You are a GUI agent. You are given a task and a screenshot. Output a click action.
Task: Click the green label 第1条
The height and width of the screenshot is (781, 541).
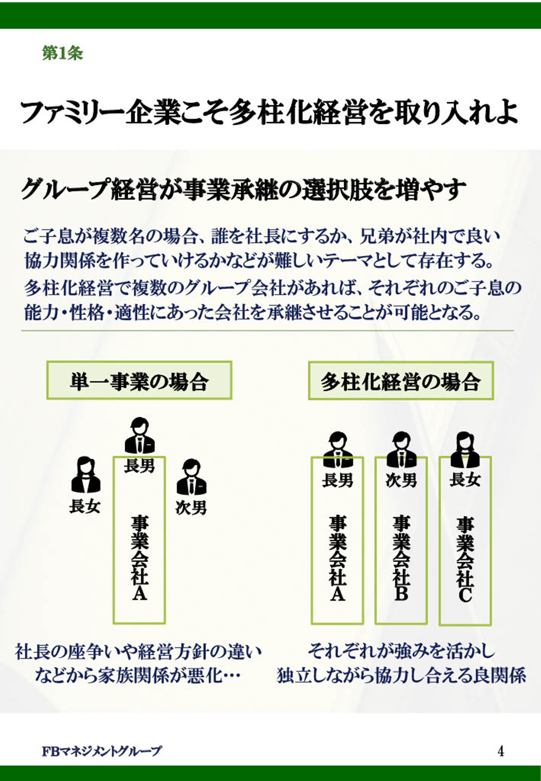pos(62,53)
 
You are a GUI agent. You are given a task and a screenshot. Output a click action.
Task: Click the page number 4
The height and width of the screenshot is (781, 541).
pos(500,751)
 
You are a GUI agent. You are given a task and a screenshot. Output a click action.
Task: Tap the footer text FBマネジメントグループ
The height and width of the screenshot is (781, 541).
pos(102,751)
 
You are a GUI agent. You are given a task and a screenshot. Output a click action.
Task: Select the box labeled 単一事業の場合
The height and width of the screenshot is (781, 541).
pos(139,380)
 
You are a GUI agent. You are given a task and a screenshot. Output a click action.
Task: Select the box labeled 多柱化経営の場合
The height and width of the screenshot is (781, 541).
pos(400,381)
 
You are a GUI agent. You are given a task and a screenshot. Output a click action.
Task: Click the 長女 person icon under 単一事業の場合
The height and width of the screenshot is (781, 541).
pos(86,475)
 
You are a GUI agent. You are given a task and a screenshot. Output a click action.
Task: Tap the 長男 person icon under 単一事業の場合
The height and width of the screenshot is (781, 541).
pos(139,436)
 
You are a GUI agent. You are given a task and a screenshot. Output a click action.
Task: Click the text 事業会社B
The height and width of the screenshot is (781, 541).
pos(401,558)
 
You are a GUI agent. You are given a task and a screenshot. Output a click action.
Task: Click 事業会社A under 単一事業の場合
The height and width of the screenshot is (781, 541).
pos(139,558)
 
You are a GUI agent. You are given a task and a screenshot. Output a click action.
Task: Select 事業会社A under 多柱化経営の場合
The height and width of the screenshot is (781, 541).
pos(337,558)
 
